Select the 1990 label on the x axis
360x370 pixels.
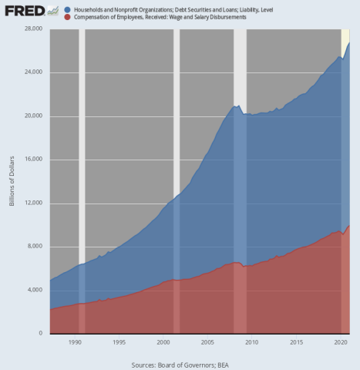coord(75,341)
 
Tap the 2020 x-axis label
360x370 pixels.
coord(338,341)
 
